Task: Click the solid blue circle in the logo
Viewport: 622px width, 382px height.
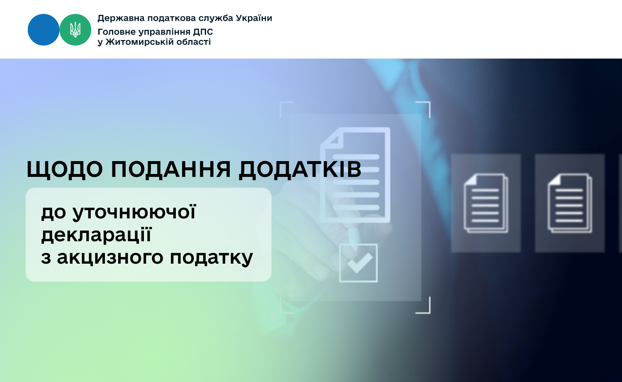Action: coord(44,30)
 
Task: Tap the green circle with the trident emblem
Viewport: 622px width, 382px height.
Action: coord(75,30)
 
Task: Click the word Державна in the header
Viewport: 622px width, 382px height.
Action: coord(121,18)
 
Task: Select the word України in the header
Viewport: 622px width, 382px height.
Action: coord(254,18)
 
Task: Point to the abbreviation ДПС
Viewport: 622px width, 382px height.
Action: coord(203,32)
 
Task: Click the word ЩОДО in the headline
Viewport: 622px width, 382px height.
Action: coord(65,169)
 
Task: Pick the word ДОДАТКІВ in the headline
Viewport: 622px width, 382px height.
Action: coord(300,169)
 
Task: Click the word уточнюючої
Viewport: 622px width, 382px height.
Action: coord(134,213)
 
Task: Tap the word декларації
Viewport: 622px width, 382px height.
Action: coord(96,235)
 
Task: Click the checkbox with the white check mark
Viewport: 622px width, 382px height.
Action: coord(358,263)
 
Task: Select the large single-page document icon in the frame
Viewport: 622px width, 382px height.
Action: coord(355,175)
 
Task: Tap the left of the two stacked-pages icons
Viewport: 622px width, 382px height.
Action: coord(486,203)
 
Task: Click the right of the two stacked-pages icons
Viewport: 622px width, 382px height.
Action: coord(570,203)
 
